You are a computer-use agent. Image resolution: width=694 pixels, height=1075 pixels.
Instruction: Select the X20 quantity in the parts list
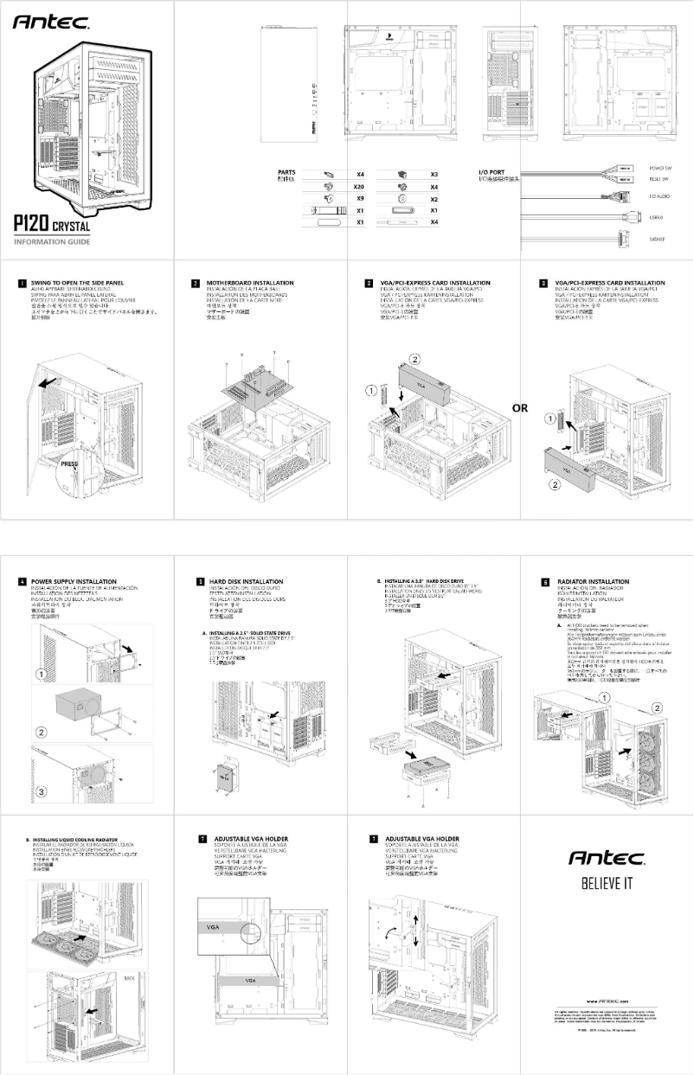[x=359, y=186]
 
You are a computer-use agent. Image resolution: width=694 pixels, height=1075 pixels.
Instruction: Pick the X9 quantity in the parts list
[x=359, y=198]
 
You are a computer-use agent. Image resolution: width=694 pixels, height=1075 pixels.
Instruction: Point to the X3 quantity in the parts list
[x=434, y=174]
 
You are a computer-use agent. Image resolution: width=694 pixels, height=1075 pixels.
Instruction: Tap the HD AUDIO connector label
[x=660, y=197]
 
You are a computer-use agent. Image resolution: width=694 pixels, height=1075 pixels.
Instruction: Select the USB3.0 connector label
[x=657, y=217]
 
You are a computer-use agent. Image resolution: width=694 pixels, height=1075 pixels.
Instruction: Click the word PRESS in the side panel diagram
[x=70, y=464]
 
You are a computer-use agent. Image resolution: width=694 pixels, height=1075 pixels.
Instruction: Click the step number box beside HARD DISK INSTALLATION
[x=201, y=582]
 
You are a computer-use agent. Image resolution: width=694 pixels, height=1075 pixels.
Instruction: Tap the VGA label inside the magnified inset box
[x=213, y=926]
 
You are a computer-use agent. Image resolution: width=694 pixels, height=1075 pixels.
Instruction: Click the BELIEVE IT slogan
[x=606, y=884]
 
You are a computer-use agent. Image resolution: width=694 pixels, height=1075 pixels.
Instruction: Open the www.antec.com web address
[x=606, y=1000]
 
